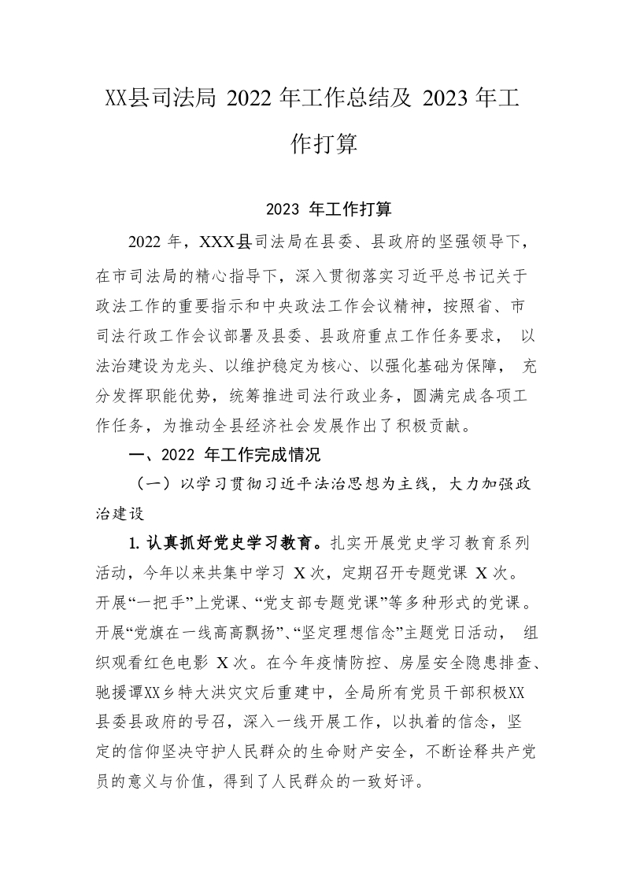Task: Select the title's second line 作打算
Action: tap(312, 144)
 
